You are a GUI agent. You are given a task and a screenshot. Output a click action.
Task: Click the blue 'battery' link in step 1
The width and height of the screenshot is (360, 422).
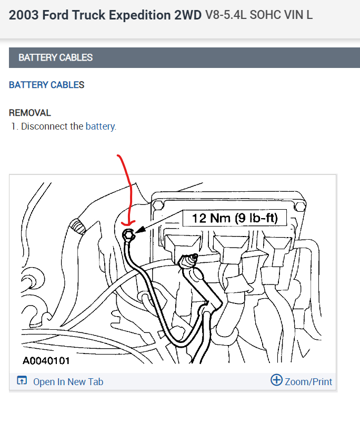[x=100, y=126]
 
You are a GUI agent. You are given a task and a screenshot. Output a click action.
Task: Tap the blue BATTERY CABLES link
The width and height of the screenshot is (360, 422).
[x=46, y=85]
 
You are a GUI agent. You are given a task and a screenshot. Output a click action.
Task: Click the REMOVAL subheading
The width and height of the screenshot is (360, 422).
[x=30, y=113]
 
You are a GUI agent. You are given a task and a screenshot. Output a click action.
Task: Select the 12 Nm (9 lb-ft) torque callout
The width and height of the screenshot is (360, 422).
[x=234, y=217]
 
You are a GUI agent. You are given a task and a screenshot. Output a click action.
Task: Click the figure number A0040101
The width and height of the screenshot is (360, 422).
[x=46, y=361]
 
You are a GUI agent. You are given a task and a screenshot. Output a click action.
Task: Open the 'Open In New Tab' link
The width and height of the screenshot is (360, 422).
[x=68, y=382]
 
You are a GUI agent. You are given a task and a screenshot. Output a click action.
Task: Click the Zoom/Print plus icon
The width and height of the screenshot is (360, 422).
[x=276, y=380]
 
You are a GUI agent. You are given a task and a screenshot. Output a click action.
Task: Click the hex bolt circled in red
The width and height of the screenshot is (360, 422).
[x=128, y=234]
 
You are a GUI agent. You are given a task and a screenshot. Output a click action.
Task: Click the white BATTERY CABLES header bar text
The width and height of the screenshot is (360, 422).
[x=55, y=57]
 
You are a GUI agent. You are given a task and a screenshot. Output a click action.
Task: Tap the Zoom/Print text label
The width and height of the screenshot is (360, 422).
[x=308, y=381]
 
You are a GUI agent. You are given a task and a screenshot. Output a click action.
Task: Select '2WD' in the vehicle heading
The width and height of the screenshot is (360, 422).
[x=188, y=15]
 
